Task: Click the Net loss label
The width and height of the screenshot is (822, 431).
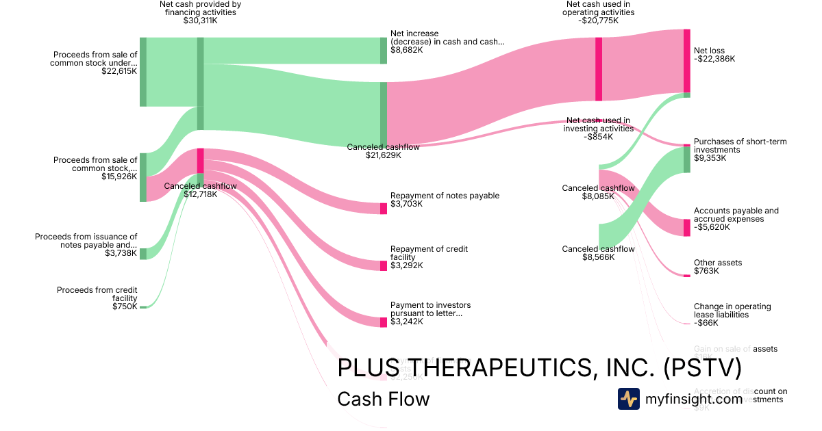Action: pos(709,51)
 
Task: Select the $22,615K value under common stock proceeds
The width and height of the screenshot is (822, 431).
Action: pos(119,70)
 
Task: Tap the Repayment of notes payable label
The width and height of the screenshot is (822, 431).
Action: pos(445,196)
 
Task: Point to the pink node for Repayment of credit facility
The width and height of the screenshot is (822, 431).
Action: pos(384,265)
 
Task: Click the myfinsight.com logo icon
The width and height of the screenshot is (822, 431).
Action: pos(629,399)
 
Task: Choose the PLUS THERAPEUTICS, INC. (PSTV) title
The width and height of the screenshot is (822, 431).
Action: pos(540,368)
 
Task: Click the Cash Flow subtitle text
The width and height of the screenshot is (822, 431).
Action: pos(384,399)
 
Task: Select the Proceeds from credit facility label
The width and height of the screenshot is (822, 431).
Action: pos(97,294)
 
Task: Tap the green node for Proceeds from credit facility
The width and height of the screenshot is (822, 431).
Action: pos(143,308)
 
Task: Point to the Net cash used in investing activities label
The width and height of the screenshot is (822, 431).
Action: pos(597,125)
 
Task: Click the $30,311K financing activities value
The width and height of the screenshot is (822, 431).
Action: pos(200,21)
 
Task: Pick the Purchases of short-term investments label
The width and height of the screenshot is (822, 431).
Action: pos(740,146)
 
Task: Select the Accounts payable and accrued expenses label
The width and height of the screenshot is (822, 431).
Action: pos(736,215)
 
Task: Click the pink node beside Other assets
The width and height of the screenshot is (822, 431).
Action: pos(687,275)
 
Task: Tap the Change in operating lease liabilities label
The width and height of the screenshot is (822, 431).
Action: pos(732,311)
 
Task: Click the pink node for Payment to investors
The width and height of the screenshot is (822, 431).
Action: pos(384,322)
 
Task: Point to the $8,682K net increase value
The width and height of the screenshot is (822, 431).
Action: pos(406,50)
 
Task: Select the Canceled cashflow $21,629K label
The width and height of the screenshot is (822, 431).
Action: pos(383,151)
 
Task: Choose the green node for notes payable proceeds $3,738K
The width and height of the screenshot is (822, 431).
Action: pos(143,254)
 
